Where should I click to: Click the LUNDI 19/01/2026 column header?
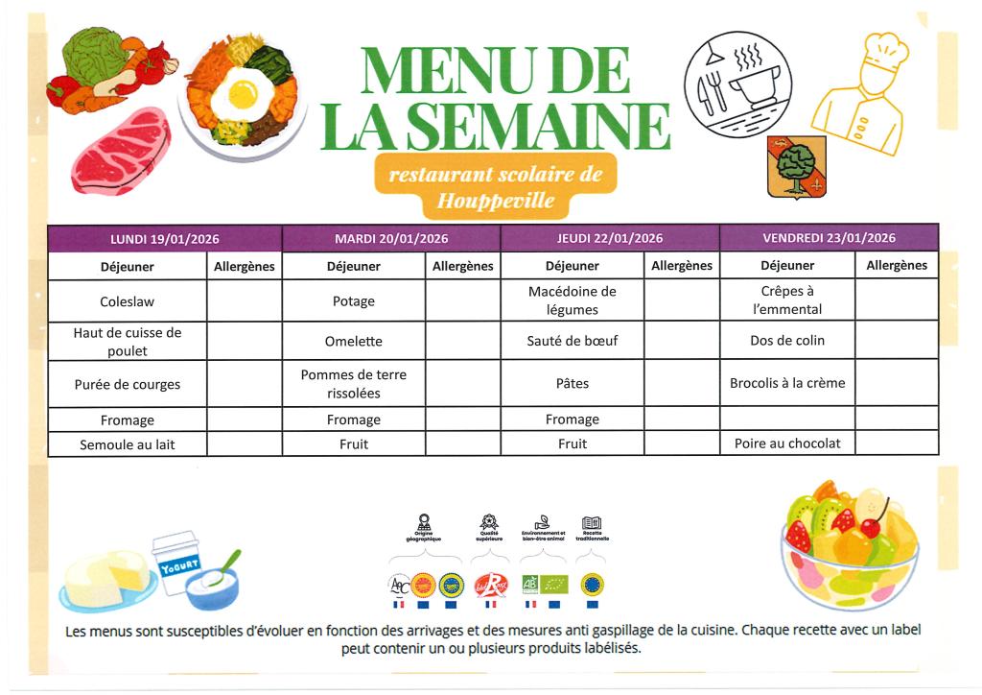click(x=165, y=238)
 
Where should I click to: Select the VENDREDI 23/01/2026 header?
click(x=829, y=238)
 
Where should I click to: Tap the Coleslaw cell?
click(x=127, y=301)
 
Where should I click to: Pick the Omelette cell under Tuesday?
click(x=353, y=341)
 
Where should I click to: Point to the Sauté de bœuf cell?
click(x=572, y=341)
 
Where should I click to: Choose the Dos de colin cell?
click(x=786, y=341)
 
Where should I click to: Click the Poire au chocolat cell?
click(x=786, y=443)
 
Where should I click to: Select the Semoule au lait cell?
click(x=127, y=444)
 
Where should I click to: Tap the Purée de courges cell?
click(x=127, y=384)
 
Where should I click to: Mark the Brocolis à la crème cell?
click(x=786, y=383)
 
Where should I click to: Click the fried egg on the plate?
click(x=241, y=93)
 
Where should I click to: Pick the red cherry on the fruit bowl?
click(x=873, y=526)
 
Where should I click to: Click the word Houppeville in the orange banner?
click(x=495, y=201)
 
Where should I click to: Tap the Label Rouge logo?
click(x=490, y=585)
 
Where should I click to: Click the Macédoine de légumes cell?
click(x=572, y=300)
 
